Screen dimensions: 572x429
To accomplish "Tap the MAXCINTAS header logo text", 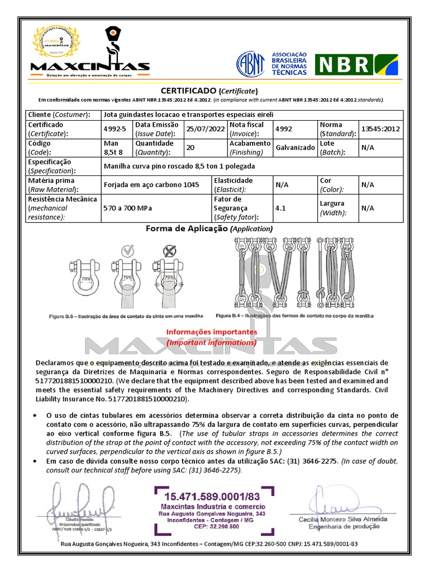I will click(90, 67).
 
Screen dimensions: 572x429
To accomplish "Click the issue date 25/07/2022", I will click(205, 130).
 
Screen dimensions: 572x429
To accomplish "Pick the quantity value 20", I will click(190, 148).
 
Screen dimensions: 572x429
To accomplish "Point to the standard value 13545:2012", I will click(381, 130).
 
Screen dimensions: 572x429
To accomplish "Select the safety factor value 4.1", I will click(280, 208).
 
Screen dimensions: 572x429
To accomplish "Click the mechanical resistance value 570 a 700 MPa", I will click(128, 208).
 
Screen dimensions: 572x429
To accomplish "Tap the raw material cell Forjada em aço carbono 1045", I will click(151, 185).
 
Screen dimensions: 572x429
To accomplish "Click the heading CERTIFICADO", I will click(188, 90).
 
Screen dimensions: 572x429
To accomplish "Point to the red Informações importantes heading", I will click(211, 332).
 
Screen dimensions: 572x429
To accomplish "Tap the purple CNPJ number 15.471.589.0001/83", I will click(213, 496).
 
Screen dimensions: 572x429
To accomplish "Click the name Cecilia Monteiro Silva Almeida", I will click(342, 519).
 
